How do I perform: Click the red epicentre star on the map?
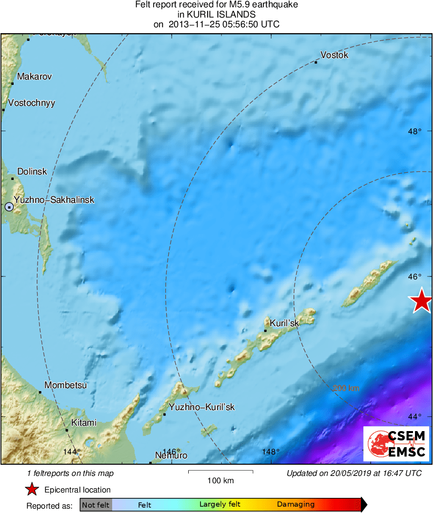coord(421,301)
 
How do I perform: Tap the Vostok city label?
coord(335,55)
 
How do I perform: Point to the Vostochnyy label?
coord(32,103)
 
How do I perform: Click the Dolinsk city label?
coord(32,172)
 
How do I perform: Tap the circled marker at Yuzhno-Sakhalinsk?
coord(9,207)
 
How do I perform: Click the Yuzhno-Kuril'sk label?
coord(202,407)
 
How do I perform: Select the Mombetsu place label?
coord(66,385)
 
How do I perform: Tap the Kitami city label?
coord(84,423)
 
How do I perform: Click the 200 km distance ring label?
coord(346,388)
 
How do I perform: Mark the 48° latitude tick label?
coord(415,131)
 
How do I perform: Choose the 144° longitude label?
coord(71,452)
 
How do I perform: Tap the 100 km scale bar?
coord(220,472)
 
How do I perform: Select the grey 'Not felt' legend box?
coord(96,505)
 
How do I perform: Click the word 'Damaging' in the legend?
coord(296,505)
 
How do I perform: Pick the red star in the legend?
coord(32,490)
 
